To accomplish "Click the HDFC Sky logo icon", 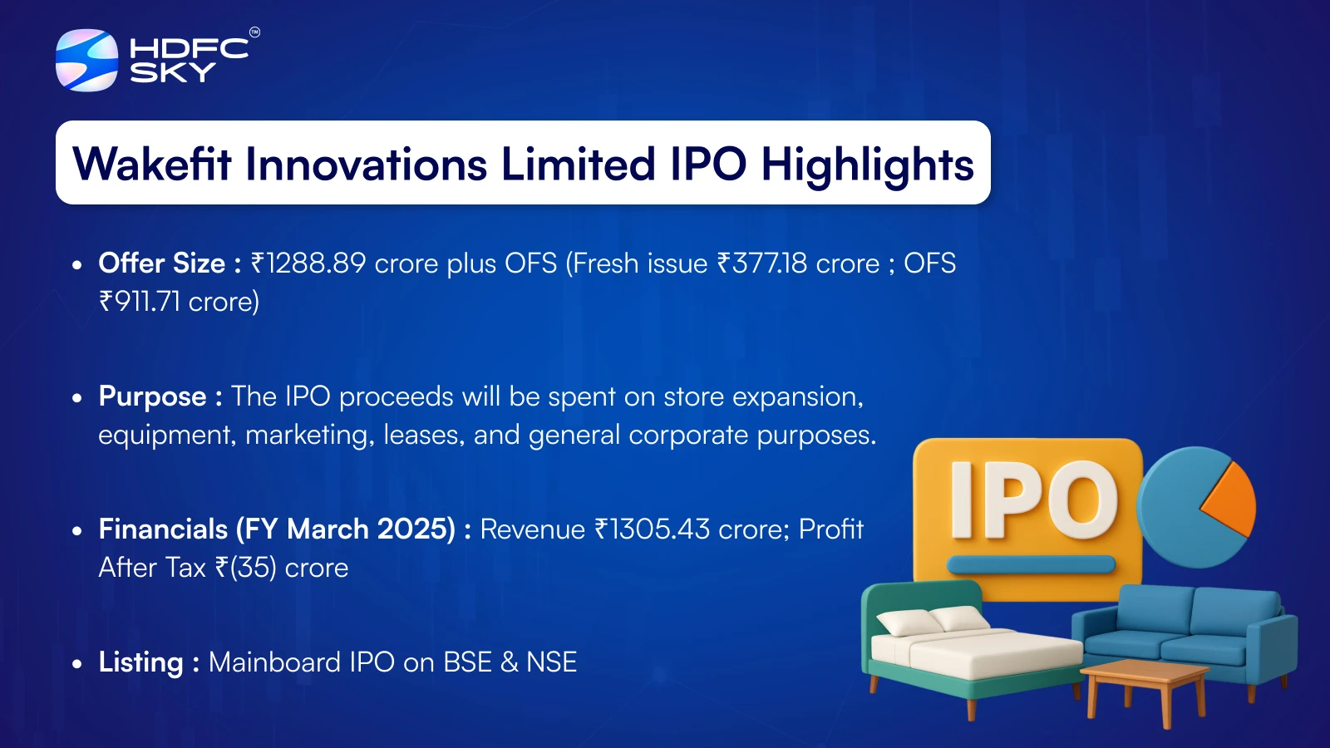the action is pyautogui.click(x=86, y=60).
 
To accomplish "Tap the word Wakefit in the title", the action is pyautogui.click(x=151, y=164).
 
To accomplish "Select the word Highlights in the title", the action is pyautogui.click(x=868, y=166).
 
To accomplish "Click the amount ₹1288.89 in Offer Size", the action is pyautogui.click(x=308, y=263).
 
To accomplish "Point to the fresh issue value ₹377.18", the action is pyautogui.click(x=762, y=263).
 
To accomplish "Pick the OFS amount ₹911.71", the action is pyautogui.click(x=140, y=302).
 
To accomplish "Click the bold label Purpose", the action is pyautogui.click(x=153, y=397).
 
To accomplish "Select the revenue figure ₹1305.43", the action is pyautogui.click(x=652, y=529).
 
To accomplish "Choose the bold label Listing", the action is pyautogui.click(x=141, y=662).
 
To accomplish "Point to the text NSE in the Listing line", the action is pyautogui.click(x=552, y=662).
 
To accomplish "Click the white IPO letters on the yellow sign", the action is pyautogui.click(x=1034, y=500).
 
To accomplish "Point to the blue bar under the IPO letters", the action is pyautogui.click(x=1031, y=564).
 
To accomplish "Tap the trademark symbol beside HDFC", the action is pyautogui.click(x=254, y=32).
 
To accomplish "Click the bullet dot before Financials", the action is pyautogui.click(x=76, y=531).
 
